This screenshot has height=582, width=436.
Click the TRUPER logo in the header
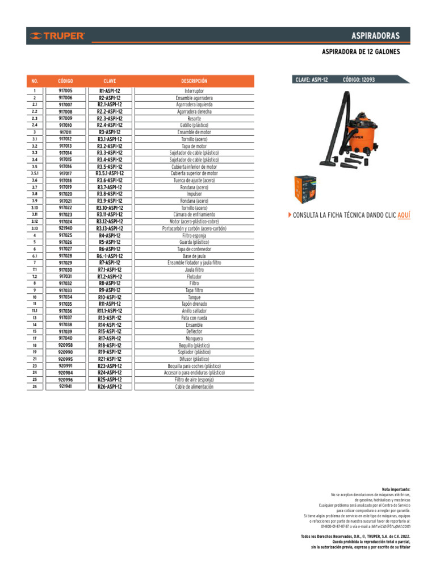click(x=58, y=36)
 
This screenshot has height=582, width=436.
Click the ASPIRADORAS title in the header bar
click(x=375, y=36)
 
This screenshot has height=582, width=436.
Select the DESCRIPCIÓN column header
click(x=194, y=81)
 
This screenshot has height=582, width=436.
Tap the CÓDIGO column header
click(x=65, y=81)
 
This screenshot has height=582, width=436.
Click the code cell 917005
click(x=65, y=91)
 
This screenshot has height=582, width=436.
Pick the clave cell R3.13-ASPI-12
click(x=110, y=228)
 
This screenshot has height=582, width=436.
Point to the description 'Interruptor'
click(x=194, y=91)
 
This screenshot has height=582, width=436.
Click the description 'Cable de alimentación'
click(x=194, y=386)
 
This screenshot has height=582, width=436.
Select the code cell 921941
click(x=65, y=386)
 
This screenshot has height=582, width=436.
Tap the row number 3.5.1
click(x=35, y=173)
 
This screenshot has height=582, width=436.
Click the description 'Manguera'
click(x=194, y=338)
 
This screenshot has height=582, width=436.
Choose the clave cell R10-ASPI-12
click(x=110, y=297)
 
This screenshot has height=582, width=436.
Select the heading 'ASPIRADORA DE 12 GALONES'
click(x=361, y=52)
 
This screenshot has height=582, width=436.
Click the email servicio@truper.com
click(x=390, y=526)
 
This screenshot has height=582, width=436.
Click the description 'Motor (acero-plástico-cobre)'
click(x=194, y=222)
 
